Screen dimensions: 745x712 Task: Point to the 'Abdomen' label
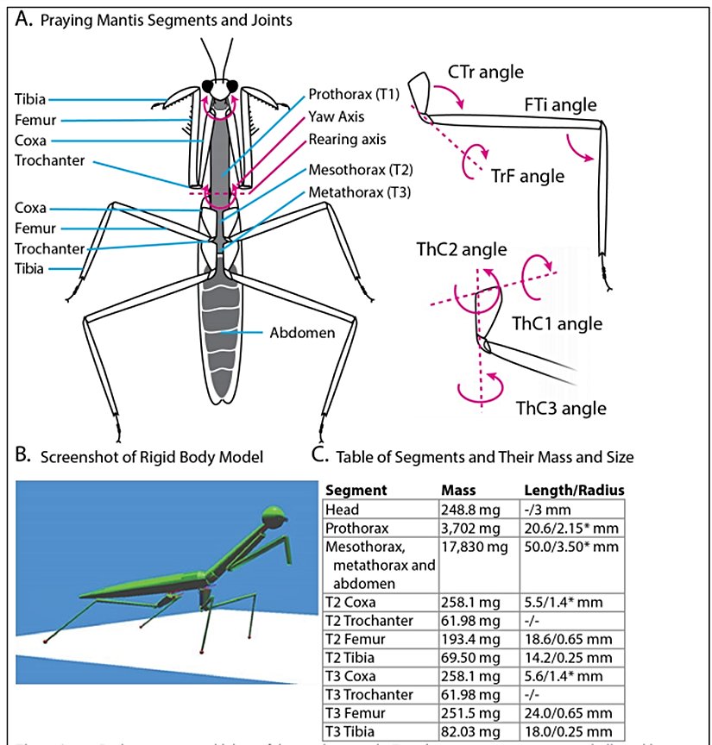pyautogui.click(x=304, y=330)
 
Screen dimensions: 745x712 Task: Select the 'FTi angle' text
pyautogui.click(x=560, y=105)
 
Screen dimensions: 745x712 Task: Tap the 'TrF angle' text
pyautogui.click(x=528, y=176)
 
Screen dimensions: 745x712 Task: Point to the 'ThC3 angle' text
pyautogui.click(x=560, y=407)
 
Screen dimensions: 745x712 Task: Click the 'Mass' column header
pyautogui.click(x=458, y=490)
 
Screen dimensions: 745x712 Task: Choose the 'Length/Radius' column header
pyautogui.click(x=574, y=490)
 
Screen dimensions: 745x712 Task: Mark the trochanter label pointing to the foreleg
pyautogui.click(x=50, y=160)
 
